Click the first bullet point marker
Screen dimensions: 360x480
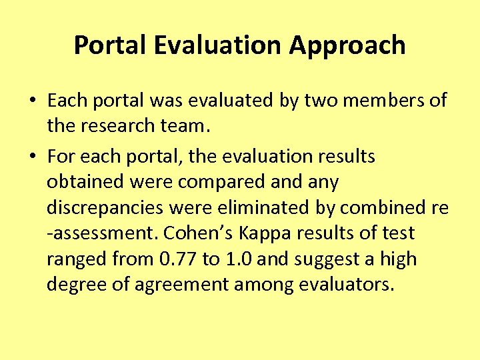coord(33,101)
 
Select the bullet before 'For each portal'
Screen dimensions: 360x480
coord(33,157)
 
